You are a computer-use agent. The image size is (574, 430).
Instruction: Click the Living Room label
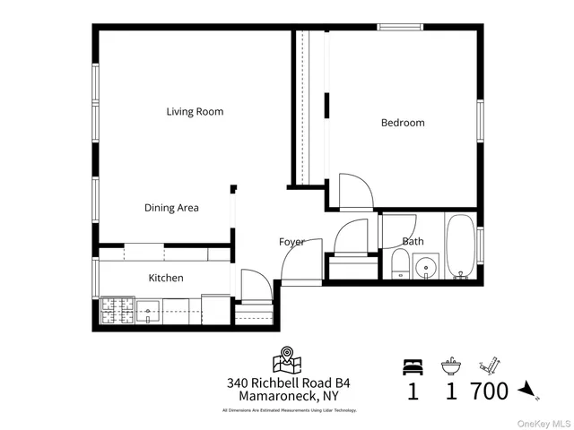pyautogui.click(x=195, y=112)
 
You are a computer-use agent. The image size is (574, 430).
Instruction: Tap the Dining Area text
pyautogui.click(x=171, y=208)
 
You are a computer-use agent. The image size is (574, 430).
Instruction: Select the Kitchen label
pyautogui.click(x=166, y=278)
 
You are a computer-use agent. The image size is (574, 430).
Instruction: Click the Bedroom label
pyautogui.click(x=403, y=123)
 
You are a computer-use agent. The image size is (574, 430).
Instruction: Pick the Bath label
pyautogui.click(x=413, y=241)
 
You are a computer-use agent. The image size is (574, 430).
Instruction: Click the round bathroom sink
pyautogui.click(x=427, y=267)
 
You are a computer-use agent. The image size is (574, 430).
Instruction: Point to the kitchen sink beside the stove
pyautogui.click(x=149, y=312)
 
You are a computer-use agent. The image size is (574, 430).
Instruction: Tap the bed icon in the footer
pyautogui.click(x=413, y=365)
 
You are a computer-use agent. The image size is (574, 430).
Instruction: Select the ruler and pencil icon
pyautogui.click(x=488, y=365)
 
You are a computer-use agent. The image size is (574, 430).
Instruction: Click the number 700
pyautogui.click(x=489, y=391)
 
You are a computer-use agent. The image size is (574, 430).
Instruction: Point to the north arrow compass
pyautogui.click(x=528, y=389)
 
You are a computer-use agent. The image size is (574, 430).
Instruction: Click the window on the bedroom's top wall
pyautogui.click(x=401, y=27)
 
